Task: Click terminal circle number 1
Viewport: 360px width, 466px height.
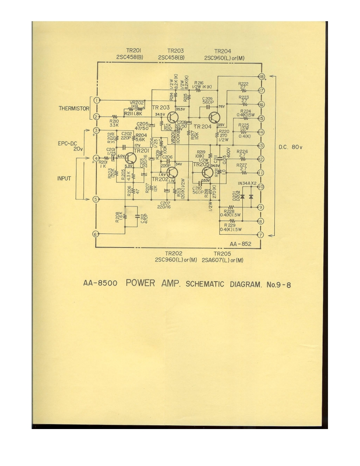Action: click(96, 100)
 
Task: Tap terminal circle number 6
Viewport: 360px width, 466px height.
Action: click(96, 234)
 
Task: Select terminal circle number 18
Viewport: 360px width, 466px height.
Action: click(261, 76)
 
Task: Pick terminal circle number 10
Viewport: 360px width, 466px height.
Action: click(261, 186)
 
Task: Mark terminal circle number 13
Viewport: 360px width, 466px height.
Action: click(261, 145)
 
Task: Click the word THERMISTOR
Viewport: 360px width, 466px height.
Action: click(74, 108)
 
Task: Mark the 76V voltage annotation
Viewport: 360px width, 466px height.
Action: click(222, 106)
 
